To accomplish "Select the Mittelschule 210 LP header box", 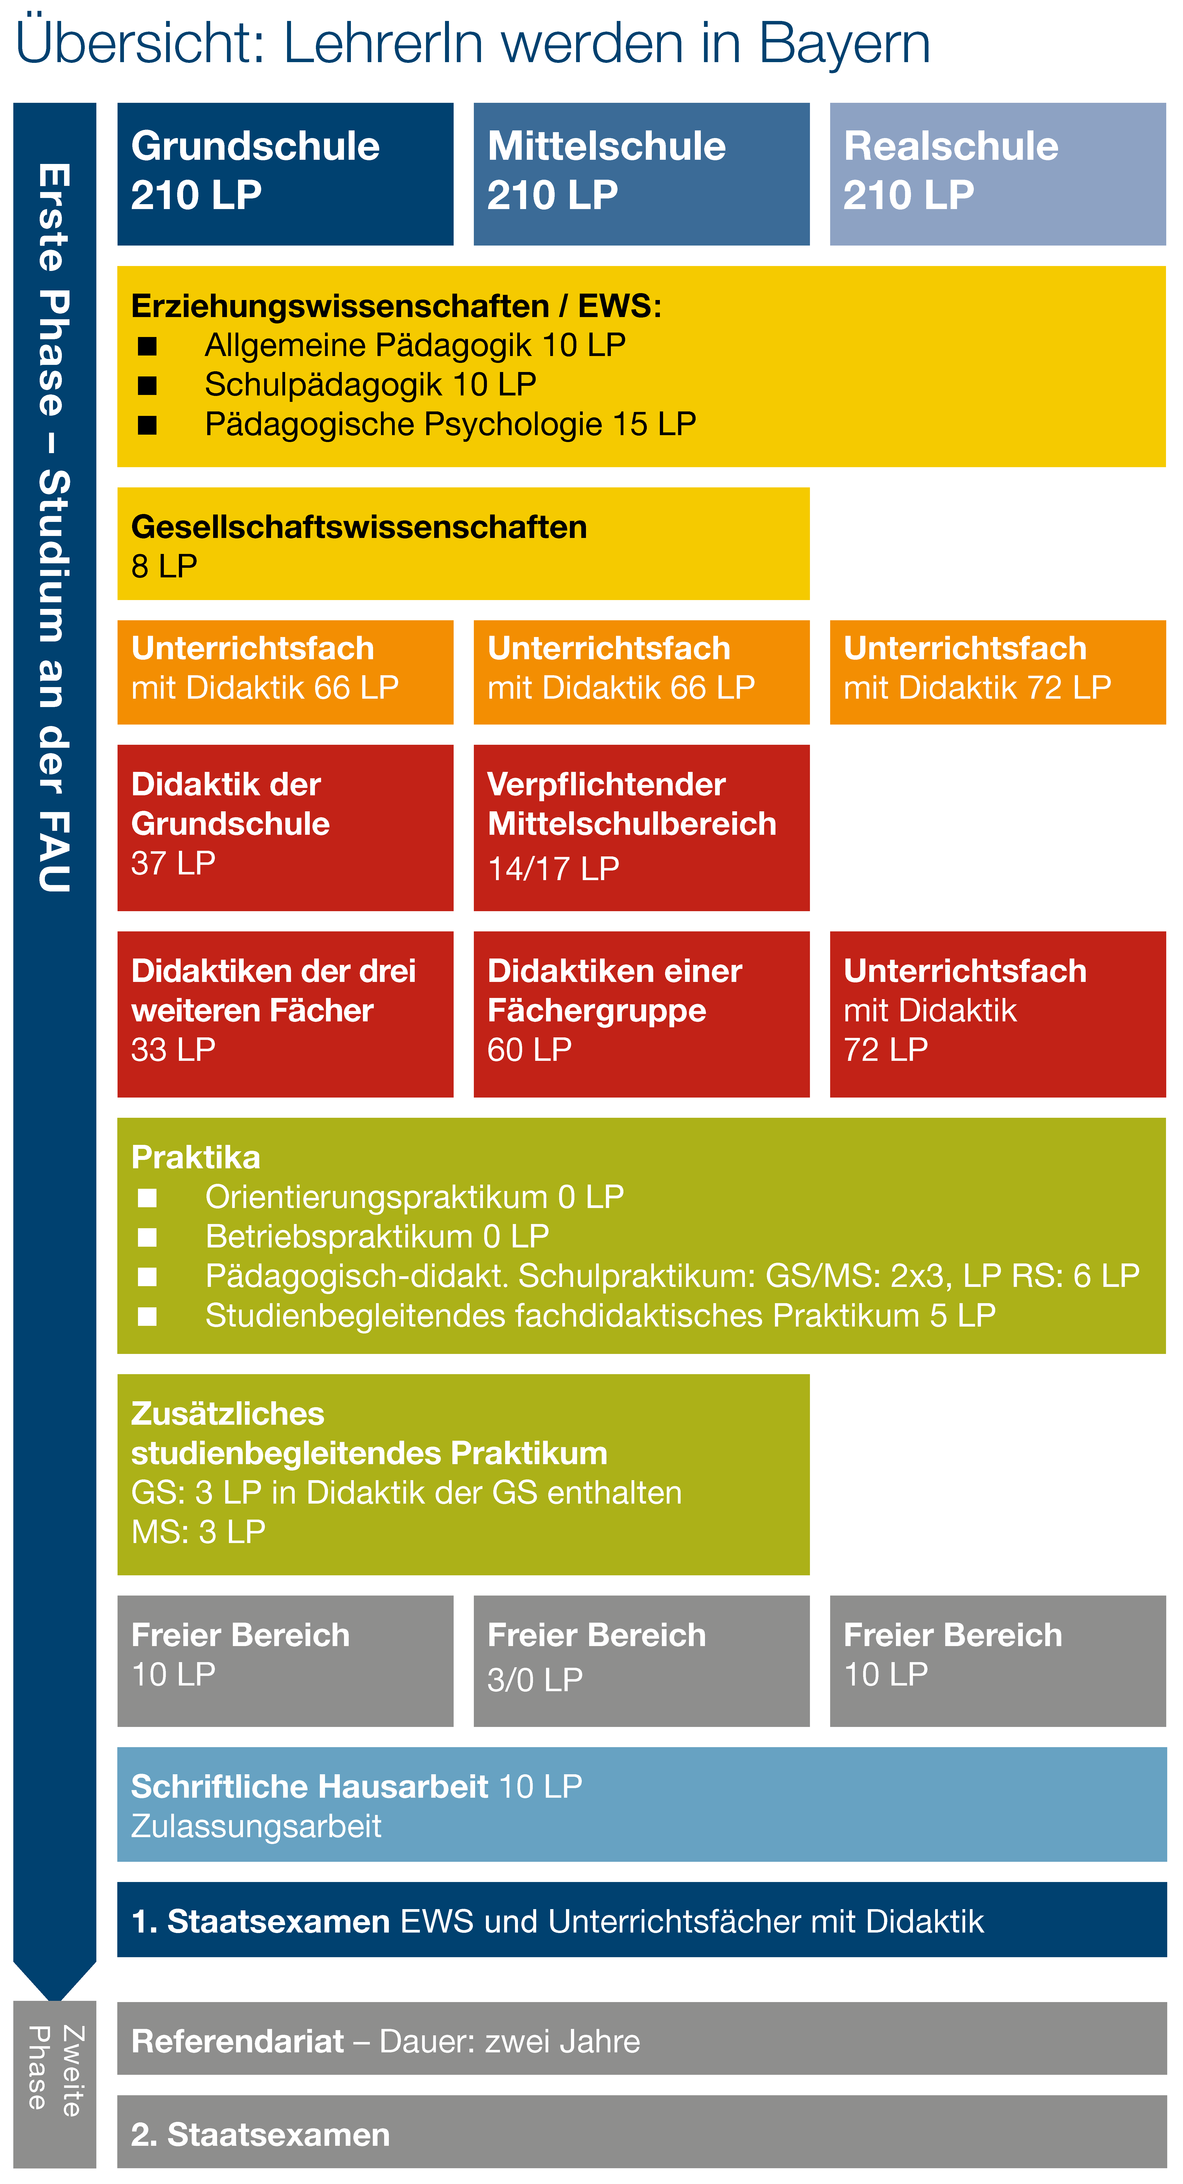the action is (641, 174).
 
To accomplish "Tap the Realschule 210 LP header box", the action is (997, 174).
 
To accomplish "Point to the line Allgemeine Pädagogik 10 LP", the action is (415, 345).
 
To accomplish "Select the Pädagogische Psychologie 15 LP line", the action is (451, 424).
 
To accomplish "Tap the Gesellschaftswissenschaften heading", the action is (359, 527).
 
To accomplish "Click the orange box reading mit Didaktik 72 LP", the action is (997, 672).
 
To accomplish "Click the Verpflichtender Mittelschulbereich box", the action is (641, 828).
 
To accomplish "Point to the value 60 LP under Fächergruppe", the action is (530, 1050).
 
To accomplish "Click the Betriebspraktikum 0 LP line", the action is (377, 1236).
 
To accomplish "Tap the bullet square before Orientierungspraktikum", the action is (147, 1197).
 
